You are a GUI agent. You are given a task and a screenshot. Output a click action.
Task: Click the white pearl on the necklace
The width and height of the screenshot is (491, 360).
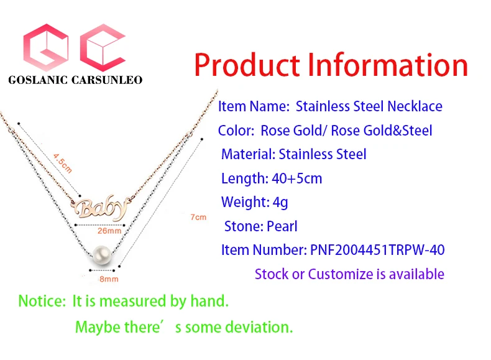tap(102, 256)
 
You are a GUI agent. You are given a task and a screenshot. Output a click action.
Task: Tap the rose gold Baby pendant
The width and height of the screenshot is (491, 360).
tap(100, 208)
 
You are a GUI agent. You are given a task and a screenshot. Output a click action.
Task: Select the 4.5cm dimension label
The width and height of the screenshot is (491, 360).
tap(63, 163)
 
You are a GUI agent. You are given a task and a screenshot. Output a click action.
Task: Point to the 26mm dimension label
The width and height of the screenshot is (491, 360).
tap(109, 231)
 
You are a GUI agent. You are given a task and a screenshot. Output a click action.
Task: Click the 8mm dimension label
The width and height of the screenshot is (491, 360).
tap(109, 279)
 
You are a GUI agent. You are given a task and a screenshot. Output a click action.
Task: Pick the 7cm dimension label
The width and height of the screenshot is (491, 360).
tap(198, 217)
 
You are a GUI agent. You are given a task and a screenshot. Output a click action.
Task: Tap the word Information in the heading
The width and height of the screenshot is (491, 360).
tap(388, 65)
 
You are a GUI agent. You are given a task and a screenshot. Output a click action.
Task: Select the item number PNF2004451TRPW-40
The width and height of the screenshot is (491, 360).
tap(377, 250)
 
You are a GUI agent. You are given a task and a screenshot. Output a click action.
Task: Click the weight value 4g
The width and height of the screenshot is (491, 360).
tap(280, 203)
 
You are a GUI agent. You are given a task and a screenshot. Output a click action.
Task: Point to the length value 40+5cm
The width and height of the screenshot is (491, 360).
tap(297, 178)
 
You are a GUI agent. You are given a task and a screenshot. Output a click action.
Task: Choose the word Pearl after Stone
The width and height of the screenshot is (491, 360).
tap(282, 226)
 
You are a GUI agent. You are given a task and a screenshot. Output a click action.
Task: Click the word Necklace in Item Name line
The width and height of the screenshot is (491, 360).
tap(415, 106)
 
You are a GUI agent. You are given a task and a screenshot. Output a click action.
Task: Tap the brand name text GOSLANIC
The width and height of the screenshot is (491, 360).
tap(38, 80)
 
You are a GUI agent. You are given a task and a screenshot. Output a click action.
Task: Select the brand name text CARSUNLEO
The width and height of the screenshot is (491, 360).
tap(107, 80)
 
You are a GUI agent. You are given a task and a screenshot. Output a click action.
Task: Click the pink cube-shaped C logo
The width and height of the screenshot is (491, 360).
tap(103, 47)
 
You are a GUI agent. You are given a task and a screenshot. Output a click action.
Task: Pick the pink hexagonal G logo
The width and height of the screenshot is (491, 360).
tap(46, 47)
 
